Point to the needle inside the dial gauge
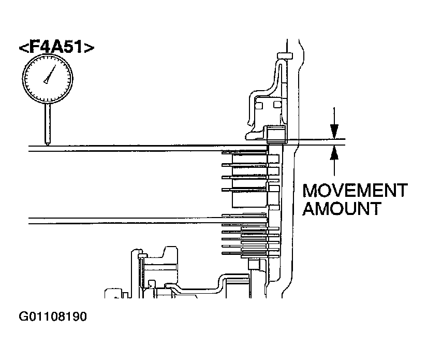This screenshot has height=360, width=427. [50, 76]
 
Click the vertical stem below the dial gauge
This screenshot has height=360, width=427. [47, 122]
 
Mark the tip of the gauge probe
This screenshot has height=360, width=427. [47, 145]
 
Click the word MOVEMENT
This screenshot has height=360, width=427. [355, 191]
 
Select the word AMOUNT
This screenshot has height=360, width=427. [342, 209]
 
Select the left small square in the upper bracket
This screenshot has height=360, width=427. [260, 106]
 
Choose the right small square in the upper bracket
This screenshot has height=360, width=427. [277, 106]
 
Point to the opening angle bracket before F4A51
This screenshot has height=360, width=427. [24, 48]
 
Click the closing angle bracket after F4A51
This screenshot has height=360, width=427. [90, 48]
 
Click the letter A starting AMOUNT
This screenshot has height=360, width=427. [309, 209]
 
